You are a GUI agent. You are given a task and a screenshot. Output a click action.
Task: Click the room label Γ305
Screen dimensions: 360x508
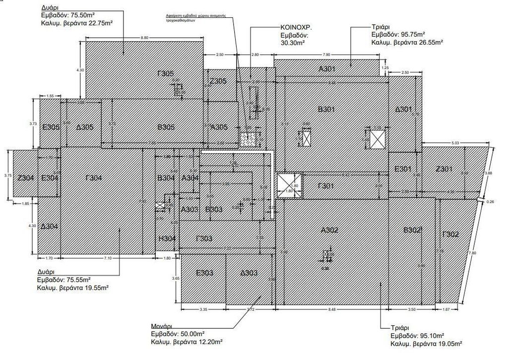click(x=165, y=73)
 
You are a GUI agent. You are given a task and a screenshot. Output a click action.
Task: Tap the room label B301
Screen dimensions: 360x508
click(x=326, y=109)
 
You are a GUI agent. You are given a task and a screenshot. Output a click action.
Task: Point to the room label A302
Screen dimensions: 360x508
click(x=329, y=230)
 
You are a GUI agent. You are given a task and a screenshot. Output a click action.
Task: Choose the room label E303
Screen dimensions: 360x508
click(x=204, y=273)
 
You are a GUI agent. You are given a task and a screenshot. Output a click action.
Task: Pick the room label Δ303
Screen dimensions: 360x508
click(x=249, y=273)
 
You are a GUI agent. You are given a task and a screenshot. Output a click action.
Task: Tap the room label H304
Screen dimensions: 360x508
click(x=167, y=239)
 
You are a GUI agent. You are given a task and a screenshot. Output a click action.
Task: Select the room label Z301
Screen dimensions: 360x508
click(x=444, y=169)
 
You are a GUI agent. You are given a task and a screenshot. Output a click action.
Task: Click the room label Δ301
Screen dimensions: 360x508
click(x=404, y=109)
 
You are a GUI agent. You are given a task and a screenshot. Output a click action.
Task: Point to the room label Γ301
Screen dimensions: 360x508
click(x=326, y=186)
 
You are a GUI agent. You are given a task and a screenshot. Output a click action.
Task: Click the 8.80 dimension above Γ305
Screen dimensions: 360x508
click(x=144, y=38)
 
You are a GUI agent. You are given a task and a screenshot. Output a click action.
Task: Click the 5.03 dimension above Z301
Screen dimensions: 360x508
click(x=455, y=143)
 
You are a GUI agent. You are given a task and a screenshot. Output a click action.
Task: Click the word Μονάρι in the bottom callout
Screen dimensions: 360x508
click(x=162, y=327)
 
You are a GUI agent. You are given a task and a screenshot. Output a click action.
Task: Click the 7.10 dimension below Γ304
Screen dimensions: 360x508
click(x=108, y=258)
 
